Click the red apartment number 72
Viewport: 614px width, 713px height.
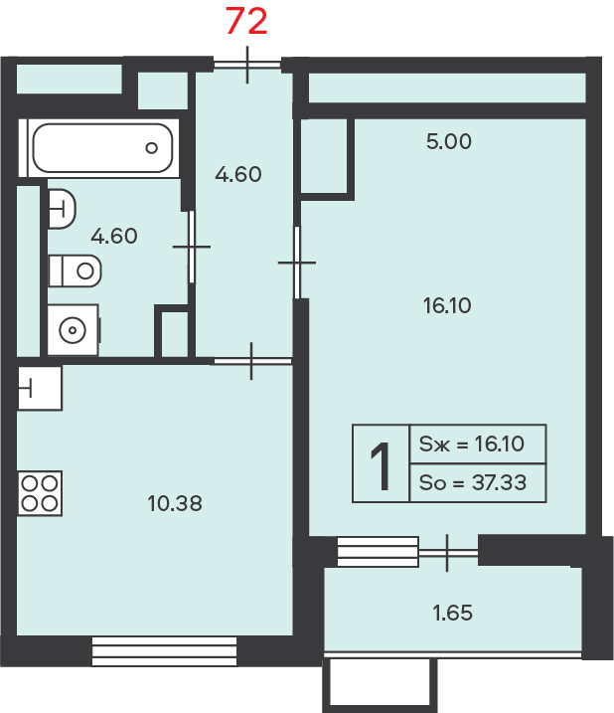246,21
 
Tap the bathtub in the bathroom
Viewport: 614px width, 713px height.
102,148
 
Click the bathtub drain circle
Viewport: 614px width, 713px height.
151,148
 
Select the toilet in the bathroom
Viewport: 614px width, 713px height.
75,271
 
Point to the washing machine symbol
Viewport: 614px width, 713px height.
74,330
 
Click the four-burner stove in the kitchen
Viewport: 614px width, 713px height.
40,493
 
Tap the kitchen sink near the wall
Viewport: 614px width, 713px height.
40,389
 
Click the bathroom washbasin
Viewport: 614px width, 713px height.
62,209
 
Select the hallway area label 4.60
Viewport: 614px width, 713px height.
238,175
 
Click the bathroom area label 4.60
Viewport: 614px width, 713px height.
114,236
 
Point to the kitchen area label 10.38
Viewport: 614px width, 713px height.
175,503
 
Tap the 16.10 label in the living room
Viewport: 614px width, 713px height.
447,305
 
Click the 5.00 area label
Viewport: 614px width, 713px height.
449,141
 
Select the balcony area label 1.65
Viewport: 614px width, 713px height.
453,613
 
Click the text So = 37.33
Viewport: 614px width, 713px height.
473,482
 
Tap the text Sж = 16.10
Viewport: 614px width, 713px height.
472,444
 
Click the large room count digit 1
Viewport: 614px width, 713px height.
381,466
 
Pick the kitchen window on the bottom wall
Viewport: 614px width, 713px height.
165,651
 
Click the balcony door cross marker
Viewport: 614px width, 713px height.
448,553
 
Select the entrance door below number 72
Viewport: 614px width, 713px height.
247,65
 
